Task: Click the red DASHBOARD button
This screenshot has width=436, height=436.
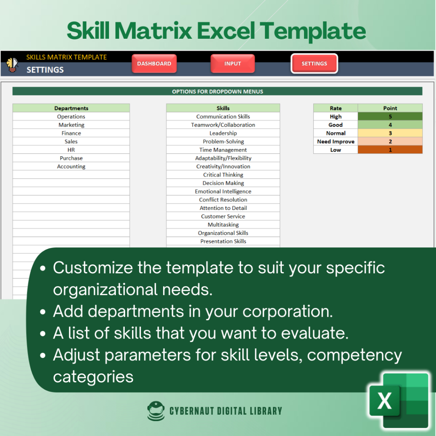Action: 154,63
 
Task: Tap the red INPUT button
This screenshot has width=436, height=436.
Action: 232,63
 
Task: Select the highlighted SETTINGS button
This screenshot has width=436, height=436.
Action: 314,63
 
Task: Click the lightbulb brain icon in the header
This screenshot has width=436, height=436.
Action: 12,65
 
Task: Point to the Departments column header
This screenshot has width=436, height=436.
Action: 71,108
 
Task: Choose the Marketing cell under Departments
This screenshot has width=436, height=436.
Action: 71,125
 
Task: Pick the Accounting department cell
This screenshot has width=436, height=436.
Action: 71,166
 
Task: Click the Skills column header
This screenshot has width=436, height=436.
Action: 223,108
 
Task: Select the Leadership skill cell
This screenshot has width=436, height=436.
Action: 223,133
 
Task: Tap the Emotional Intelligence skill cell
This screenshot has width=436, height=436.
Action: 223,191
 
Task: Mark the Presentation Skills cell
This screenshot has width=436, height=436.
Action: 223,241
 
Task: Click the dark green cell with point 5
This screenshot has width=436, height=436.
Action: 390,116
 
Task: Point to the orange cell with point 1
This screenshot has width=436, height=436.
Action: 390,149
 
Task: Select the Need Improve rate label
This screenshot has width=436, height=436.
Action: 336,141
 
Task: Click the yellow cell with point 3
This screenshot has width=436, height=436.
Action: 390,133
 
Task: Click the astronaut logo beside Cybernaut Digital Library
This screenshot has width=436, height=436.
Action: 156,411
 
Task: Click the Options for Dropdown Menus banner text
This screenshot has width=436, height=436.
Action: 218,92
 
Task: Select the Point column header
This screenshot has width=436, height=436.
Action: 390,108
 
